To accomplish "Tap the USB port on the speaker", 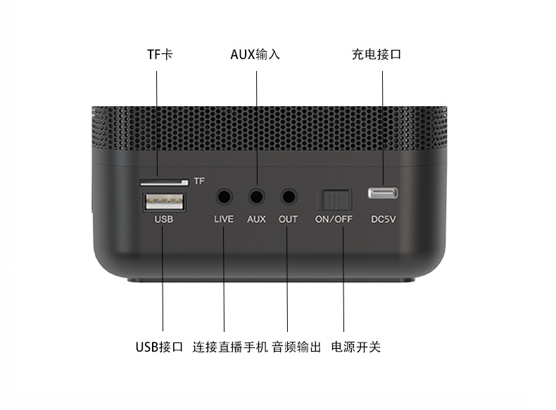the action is (163, 201).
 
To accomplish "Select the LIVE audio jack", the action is (225, 198).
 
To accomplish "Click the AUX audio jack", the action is (256, 198).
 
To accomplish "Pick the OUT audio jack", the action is (288, 198).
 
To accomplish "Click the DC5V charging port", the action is (383, 192).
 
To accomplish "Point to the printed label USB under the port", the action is (163, 219).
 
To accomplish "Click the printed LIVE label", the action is (223, 219).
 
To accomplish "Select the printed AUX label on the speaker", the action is (256, 219).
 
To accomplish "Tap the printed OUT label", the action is (288, 219).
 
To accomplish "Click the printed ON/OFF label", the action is (334, 219).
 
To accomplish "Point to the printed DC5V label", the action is (384, 219).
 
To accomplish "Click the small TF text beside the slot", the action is (199, 181).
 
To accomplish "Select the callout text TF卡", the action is (159, 54).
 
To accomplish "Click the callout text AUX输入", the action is (255, 54).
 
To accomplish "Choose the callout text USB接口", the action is (159, 347).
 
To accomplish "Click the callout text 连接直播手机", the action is (230, 347).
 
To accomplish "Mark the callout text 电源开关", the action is (356, 347).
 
